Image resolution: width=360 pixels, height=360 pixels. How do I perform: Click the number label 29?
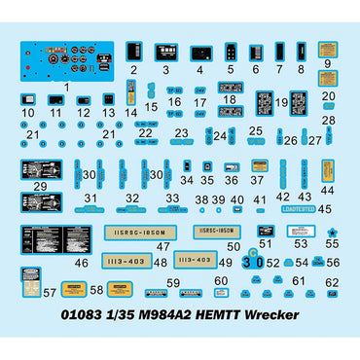pos(39,186)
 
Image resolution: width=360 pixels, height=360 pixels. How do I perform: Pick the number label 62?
pos(333,283)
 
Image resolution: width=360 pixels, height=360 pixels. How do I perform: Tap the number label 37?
pos(258,181)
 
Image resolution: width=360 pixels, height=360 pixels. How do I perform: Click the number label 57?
pos(50,292)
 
